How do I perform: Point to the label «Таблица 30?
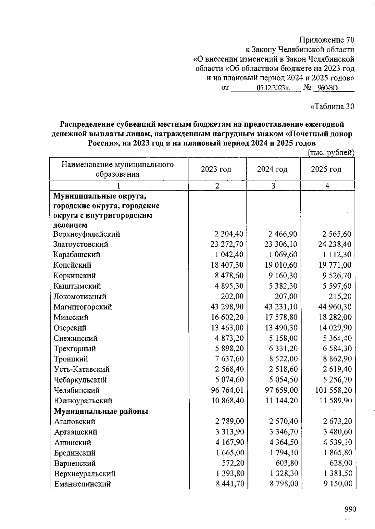[332, 107]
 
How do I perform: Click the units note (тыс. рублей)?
[331, 153]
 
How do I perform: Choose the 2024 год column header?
[272, 169]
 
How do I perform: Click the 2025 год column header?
[326, 169]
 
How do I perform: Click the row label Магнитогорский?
[82, 307]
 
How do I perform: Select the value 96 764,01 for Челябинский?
[227, 390]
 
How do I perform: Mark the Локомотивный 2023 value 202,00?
[232, 296]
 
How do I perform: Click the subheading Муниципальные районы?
[101, 411]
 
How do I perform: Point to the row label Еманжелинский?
[82, 484]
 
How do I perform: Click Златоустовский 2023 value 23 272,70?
[227, 244]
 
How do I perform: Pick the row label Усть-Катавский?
[82, 370]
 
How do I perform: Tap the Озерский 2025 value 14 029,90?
[335, 328]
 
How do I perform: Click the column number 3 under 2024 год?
[273, 186]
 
